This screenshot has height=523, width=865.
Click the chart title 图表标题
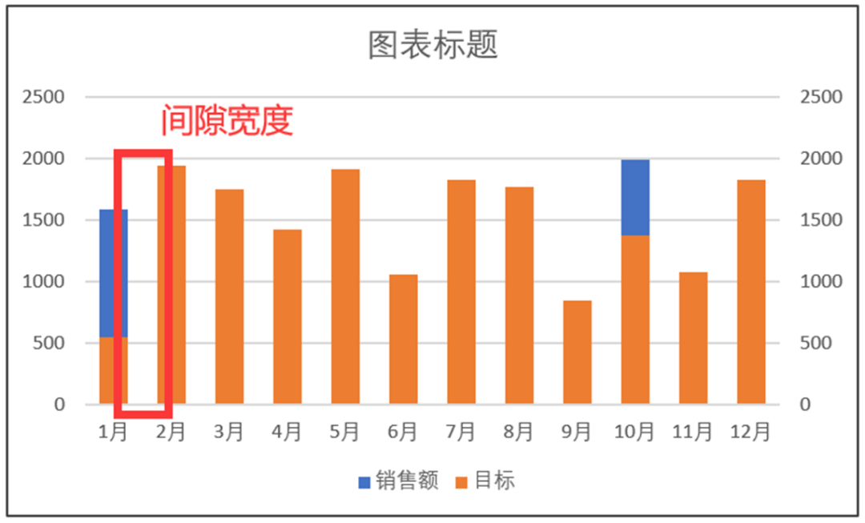click(x=432, y=45)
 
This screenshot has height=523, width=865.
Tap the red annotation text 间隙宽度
click(x=227, y=121)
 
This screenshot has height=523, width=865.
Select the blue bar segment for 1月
click(x=113, y=272)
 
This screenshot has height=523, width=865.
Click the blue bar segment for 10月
click(x=635, y=197)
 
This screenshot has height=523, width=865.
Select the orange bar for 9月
click(x=577, y=352)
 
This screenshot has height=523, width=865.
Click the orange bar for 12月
click(x=751, y=292)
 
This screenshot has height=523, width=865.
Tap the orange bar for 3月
click(x=229, y=296)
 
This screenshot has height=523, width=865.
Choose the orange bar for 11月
click(x=694, y=337)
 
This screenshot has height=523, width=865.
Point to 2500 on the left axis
click(x=43, y=97)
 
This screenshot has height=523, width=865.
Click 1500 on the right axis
click(x=821, y=220)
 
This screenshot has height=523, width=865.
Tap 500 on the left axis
click(x=49, y=343)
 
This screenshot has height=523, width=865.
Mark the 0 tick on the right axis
click(x=807, y=404)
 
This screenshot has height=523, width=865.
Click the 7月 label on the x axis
click(x=461, y=432)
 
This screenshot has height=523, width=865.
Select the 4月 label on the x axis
click(x=287, y=432)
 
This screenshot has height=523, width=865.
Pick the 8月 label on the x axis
click(x=519, y=432)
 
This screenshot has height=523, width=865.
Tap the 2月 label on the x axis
click(x=171, y=432)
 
